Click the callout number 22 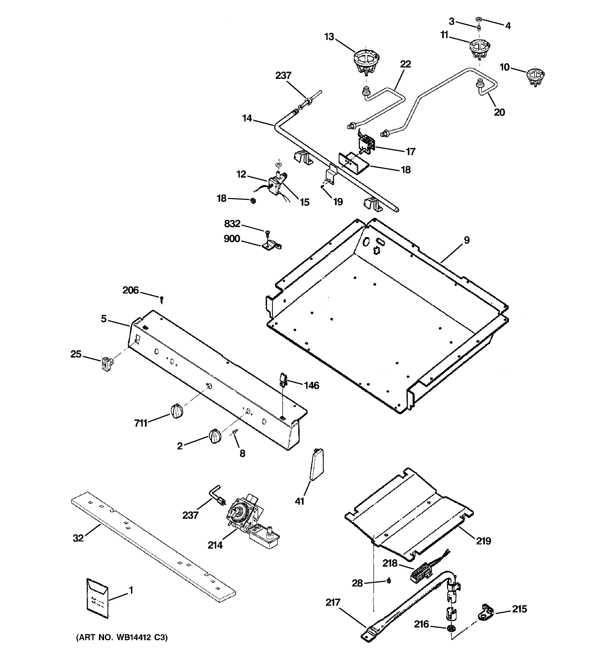(406, 64)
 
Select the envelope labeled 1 (97, 598)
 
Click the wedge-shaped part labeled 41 (317, 465)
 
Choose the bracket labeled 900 (272, 245)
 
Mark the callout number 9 (467, 240)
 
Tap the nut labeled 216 (450, 628)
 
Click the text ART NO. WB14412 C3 (122, 638)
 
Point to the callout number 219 (483, 541)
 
